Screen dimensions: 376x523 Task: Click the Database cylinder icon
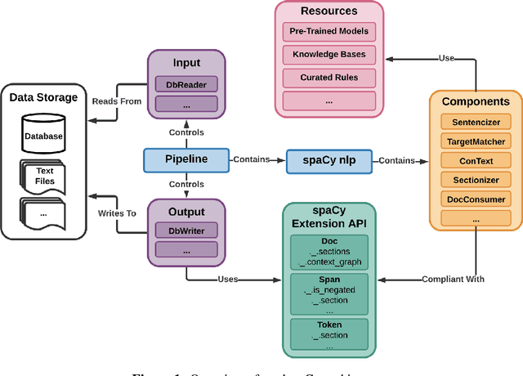click(42, 135)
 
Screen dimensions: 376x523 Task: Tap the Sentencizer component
click(475, 121)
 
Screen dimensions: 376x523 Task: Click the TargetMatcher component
click(475, 141)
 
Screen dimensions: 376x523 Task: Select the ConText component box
click(475, 159)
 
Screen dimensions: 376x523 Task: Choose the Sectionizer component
click(475, 179)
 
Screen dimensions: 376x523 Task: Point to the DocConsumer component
click(475, 199)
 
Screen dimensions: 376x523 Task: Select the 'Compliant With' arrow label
click(453, 280)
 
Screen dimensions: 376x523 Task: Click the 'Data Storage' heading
click(44, 98)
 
